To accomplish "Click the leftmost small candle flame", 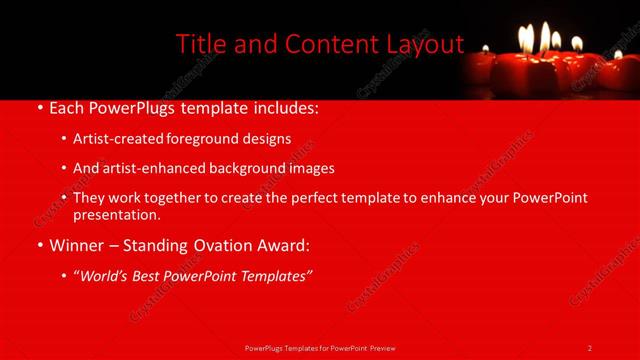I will point(486,47).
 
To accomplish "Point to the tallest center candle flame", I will point(545,36).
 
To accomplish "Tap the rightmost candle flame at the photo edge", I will point(618,55).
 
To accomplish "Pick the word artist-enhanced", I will point(137,169).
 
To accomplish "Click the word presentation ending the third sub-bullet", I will point(116,215).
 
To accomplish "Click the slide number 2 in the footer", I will point(590,347).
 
